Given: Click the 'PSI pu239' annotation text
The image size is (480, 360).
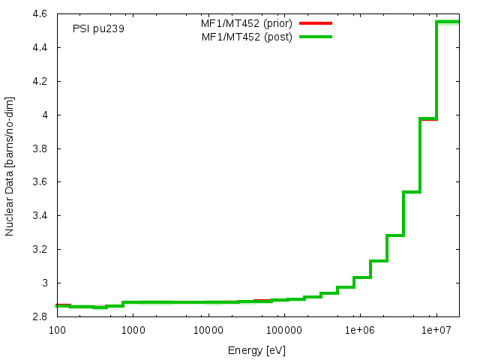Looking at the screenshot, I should tap(98, 29).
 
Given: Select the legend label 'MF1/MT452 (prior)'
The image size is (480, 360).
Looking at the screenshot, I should tap(247, 23).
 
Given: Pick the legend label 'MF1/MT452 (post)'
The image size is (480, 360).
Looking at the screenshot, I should tap(247, 37).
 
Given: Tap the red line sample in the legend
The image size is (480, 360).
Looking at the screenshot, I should tap(315, 23).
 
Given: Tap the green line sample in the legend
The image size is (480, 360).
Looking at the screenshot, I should tap(315, 37).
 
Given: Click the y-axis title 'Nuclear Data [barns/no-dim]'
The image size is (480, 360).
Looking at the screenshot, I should tap(10, 166).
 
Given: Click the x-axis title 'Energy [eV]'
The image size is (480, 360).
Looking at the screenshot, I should tap(256, 350).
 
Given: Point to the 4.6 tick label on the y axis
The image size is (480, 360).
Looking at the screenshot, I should tap(41, 14).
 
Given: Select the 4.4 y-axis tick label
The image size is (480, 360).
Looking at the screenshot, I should tap(41, 48).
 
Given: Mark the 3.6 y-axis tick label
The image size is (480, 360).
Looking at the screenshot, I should tap(41, 182).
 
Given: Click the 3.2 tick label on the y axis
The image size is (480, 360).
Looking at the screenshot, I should tap(41, 250).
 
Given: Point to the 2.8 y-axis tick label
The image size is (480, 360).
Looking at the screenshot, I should tap(41, 317).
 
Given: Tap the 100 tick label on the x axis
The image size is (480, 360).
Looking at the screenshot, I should tap(56, 330).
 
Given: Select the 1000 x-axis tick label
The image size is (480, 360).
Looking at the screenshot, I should tap(133, 330).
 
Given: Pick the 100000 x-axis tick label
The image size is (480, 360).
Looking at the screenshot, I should tap(284, 330).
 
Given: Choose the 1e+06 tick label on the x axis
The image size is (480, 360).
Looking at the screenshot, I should tap(360, 330).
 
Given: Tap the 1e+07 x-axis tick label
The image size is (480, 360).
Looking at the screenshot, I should tap(436, 330).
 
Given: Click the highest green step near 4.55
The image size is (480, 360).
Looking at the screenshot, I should tap(448, 22).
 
